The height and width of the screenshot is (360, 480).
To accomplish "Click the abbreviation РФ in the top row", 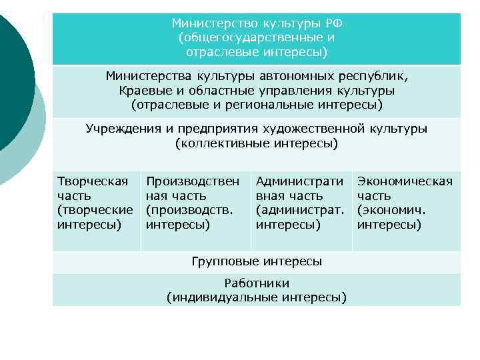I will (333, 23).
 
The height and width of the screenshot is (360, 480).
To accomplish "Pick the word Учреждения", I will (118, 129).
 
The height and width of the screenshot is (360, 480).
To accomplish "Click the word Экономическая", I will (405, 181).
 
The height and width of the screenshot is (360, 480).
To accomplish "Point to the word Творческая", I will (92, 181).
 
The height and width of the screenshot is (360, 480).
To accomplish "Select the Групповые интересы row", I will (256, 261).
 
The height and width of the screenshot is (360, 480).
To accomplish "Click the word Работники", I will (256, 283).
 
